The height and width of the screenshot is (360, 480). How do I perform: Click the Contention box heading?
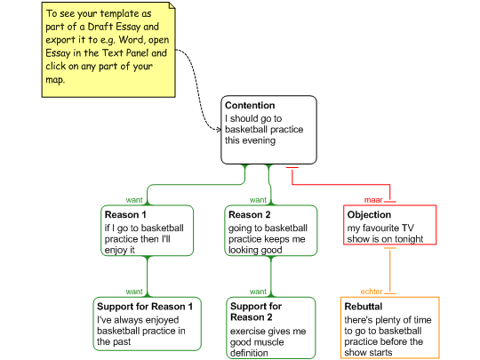250,105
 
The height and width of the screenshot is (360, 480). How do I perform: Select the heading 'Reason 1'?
125,214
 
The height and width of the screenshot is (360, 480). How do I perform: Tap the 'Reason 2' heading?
250,214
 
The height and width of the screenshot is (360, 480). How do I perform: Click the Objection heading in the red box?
369,214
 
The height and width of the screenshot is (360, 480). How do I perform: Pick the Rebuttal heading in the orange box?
364,307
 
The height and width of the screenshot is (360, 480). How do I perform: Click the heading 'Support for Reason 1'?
145,307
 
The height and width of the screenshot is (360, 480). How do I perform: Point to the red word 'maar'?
373,200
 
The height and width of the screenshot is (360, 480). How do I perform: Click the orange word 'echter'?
372,292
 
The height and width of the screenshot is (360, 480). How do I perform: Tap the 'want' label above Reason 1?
134,200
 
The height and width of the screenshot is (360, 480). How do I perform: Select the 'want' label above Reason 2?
258,200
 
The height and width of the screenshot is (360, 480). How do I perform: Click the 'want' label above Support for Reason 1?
134,292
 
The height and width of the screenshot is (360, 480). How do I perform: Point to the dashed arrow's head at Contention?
220,130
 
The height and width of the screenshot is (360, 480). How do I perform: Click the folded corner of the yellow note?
172,6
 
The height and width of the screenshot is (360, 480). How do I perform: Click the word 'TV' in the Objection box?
408,228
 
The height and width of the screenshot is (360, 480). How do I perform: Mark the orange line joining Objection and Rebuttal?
389,270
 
